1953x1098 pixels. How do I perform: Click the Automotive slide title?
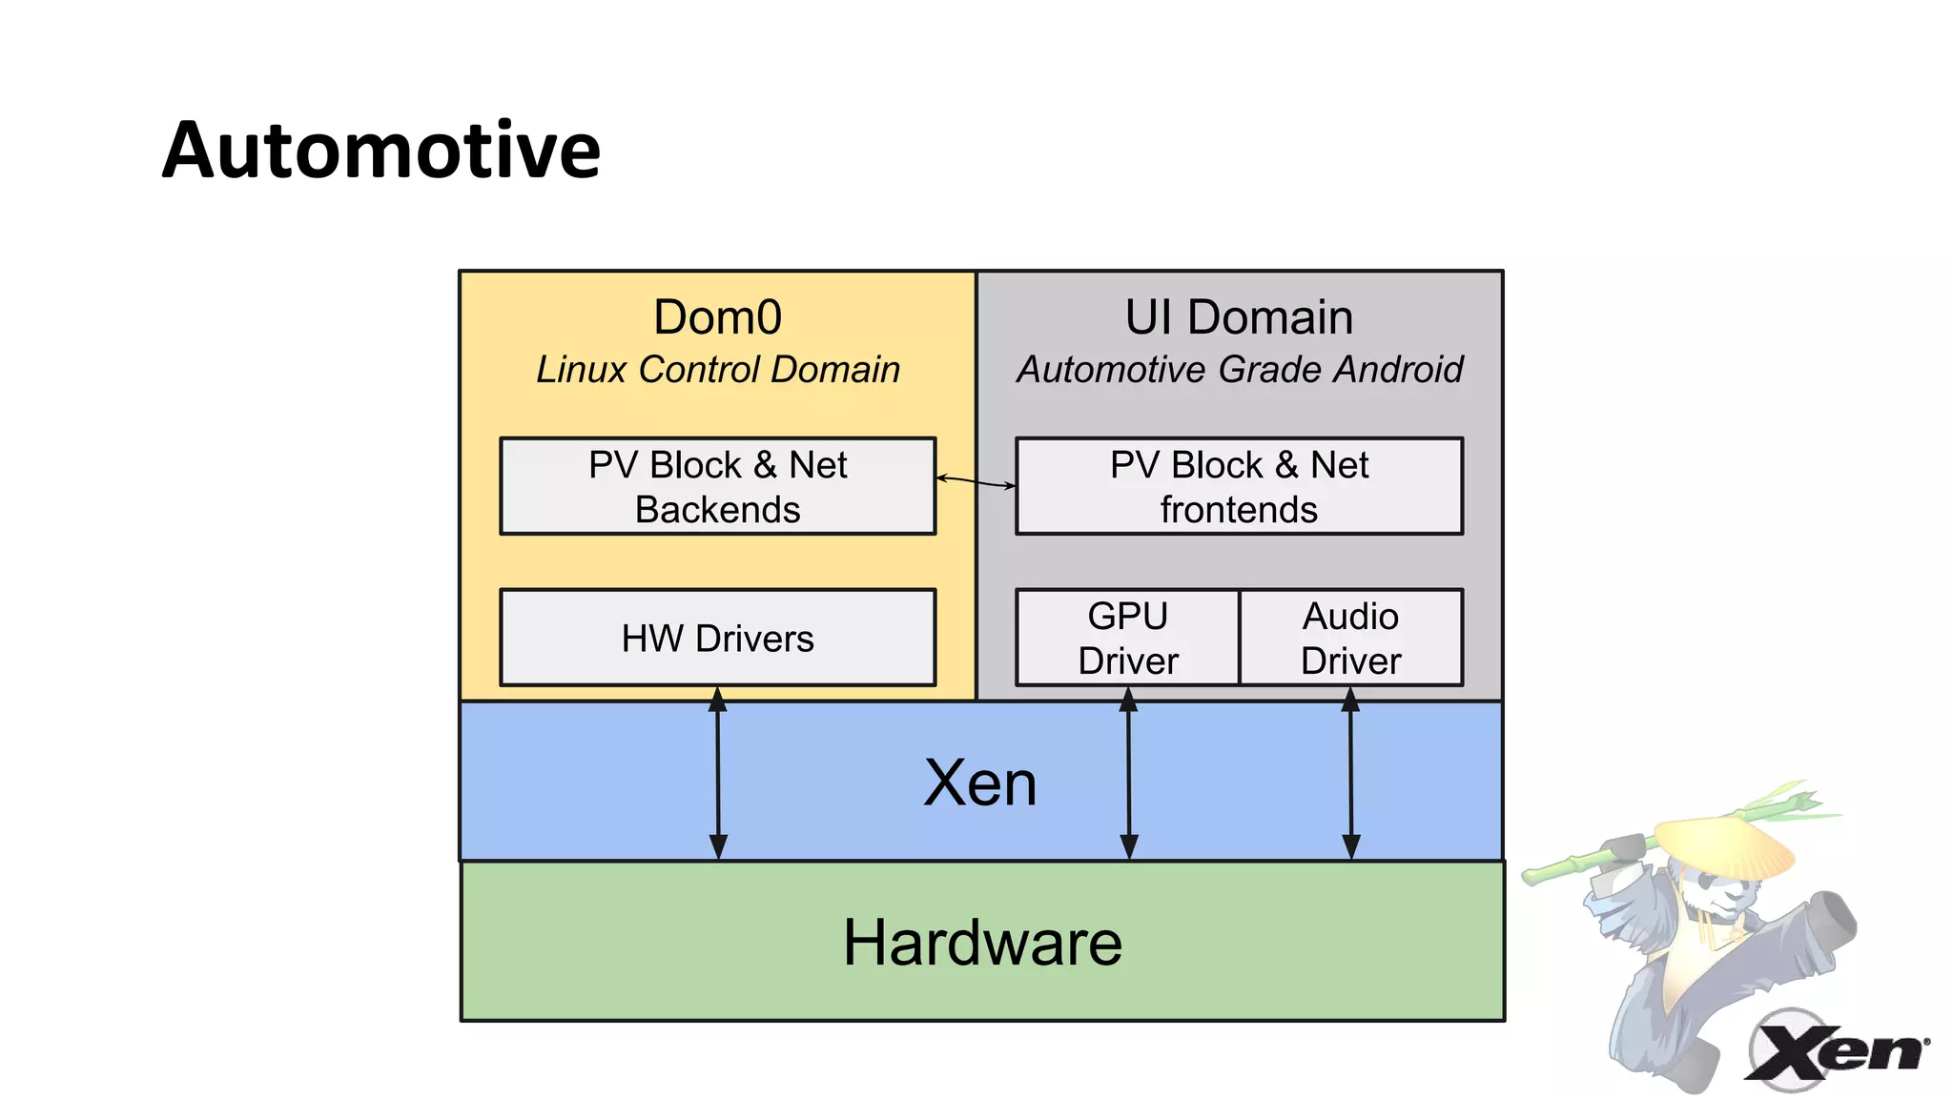[381, 151]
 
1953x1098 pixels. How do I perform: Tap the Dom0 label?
[717, 317]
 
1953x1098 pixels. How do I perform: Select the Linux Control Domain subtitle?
[717, 370]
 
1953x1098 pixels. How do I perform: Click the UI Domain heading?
[1239, 317]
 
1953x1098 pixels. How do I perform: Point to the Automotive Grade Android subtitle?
[1239, 370]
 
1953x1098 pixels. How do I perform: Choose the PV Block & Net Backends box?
[717, 486]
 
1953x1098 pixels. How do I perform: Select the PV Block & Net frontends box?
[1239, 486]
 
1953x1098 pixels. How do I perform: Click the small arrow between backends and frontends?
[976, 481]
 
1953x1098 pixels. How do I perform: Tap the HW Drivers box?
[717, 638]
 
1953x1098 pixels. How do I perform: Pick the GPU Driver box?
[1127, 638]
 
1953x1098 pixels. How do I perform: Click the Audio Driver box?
[1350, 638]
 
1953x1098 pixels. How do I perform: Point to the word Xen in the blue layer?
[979, 783]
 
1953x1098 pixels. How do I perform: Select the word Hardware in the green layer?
[982, 943]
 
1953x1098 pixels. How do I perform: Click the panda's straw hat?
[1726, 844]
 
